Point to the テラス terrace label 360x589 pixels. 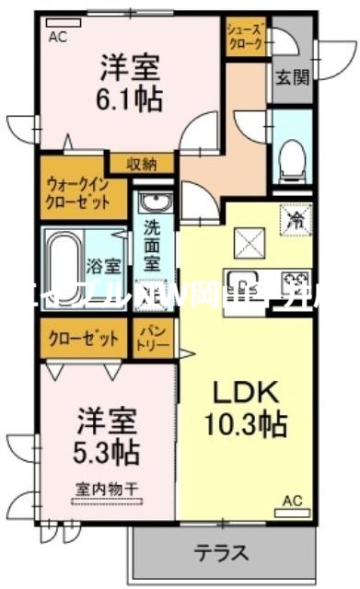221,554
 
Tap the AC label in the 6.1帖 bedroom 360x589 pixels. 58,38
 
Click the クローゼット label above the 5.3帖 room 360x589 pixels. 84,338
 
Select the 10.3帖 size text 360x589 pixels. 245,424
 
